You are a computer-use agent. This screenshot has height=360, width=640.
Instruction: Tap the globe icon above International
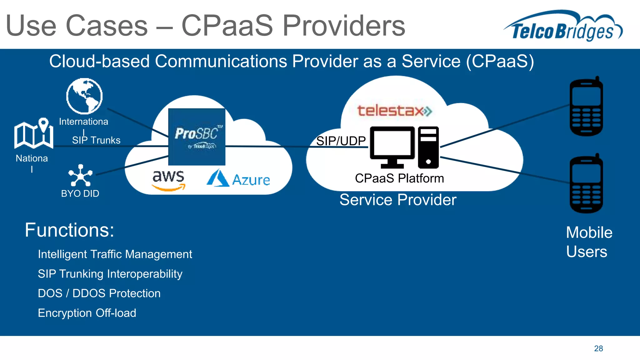click(x=84, y=96)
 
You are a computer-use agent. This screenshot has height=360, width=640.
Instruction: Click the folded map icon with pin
click(x=34, y=133)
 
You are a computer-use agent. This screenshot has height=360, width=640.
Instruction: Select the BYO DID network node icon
click(x=81, y=176)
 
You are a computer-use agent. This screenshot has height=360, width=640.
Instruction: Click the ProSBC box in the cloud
click(x=197, y=137)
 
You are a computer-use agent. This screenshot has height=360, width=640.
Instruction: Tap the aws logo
click(x=168, y=180)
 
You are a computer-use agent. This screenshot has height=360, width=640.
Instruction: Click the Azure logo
click(x=238, y=179)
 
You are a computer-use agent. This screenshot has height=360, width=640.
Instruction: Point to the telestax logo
click(x=394, y=111)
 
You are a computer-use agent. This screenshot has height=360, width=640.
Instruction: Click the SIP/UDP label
click(x=341, y=141)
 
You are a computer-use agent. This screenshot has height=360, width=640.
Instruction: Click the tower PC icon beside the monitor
click(x=428, y=147)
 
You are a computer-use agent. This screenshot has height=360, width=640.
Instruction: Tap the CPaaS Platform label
click(x=399, y=178)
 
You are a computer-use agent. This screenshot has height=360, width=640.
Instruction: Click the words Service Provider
click(x=398, y=200)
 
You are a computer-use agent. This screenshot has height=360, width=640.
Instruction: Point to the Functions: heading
click(x=69, y=230)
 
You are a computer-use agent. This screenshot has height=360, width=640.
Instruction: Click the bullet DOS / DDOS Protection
click(x=99, y=293)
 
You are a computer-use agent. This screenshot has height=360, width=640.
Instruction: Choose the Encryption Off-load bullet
click(x=87, y=313)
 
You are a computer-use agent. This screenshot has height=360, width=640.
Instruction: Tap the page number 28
click(x=598, y=348)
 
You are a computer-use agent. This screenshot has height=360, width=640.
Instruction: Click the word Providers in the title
click(x=343, y=26)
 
